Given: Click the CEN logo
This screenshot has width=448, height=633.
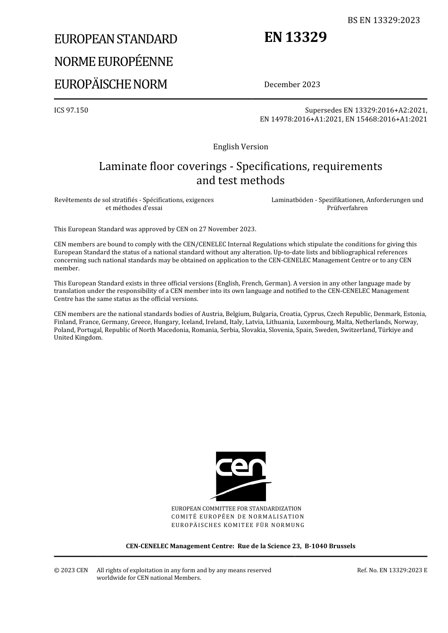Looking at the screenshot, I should pyautogui.click(x=241, y=476).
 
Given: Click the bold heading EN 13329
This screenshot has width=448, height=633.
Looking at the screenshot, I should pyautogui.click(x=295, y=37).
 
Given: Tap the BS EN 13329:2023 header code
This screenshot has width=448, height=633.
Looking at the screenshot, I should pyautogui.click(x=383, y=20).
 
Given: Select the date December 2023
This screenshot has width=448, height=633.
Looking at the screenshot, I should pyautogui.click(x=292, y=84).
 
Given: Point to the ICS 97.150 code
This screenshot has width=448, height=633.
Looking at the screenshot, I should pyautogui.click(x=71, y=110).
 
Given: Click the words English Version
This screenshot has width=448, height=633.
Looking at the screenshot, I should pyautogui.click(x=241, y=146).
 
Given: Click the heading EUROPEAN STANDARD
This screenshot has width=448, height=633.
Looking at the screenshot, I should pyautogui.click(x=116, y=39).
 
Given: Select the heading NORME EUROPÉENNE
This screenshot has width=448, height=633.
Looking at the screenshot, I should pyautogui.click(x=114, y=62).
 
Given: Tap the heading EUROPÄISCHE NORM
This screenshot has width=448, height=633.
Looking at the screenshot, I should pyautogui.click(x=111, y=84).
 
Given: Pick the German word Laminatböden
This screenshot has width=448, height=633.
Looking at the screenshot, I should pyautogui.click(x=292, y=200).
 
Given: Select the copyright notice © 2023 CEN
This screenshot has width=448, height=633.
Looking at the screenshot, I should pyautogui.click(x=71, y=570).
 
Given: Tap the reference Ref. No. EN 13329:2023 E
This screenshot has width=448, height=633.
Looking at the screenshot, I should pyautogui.click(x=392, y=570).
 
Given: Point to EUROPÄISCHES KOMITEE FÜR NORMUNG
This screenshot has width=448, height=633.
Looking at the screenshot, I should pyautogui.click(x=238, y=525).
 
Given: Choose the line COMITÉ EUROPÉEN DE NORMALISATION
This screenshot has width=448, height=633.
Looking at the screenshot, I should pyautogui.click(x=238, y=517).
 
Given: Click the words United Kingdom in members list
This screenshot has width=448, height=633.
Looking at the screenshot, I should pyautogui.click(x=78, y=338).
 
